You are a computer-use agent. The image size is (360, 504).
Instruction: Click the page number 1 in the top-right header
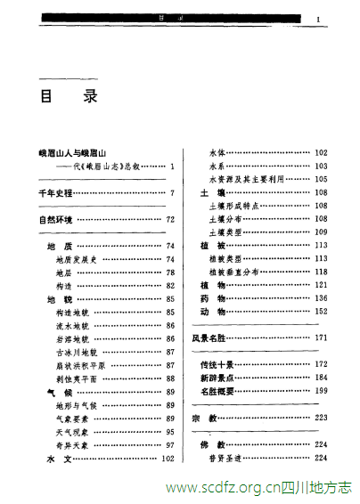317,17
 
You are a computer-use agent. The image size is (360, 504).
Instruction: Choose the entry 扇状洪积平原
80,366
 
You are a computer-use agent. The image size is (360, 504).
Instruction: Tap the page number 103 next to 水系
321,166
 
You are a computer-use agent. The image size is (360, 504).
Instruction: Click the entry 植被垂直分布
240,272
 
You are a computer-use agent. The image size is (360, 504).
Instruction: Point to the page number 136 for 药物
321,298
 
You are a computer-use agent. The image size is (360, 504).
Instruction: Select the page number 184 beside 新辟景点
321,378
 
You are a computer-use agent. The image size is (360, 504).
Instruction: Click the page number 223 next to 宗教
321,418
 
